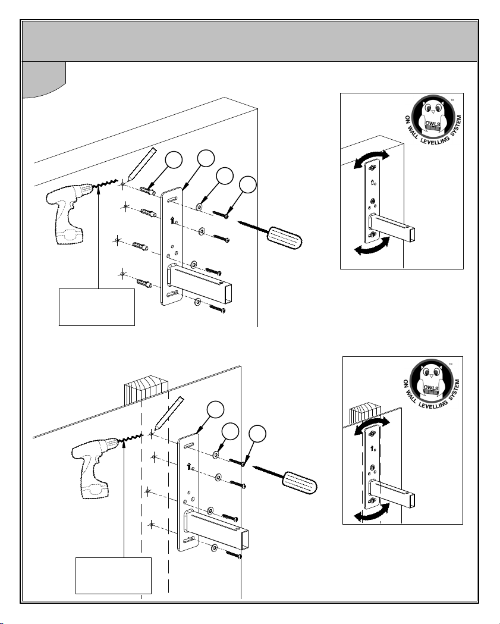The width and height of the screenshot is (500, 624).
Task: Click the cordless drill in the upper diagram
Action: tap(70, 211)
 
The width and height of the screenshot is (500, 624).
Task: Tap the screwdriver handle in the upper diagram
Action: tap(284, 237)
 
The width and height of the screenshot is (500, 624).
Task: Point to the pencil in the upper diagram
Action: tap(141, 164)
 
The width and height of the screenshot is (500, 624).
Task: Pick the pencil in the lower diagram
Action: tap(169, 413)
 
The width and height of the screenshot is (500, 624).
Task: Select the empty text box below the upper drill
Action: tap(97, 307)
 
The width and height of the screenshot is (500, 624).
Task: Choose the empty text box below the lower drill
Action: tap(114, 575)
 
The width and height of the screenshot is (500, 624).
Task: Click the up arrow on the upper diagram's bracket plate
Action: tap(172, 220)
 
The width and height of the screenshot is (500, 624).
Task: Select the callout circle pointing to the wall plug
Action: tap(174, 160)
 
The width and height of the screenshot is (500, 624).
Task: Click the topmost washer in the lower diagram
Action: tap(216, 454)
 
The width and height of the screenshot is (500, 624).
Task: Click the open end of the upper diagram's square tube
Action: tap(227, 294)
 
